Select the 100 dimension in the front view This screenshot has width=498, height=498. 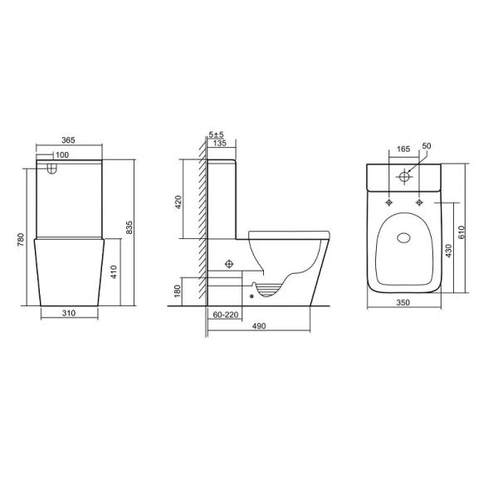[63, 154]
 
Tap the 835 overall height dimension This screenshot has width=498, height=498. [129, 228]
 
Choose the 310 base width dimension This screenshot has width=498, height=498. [71, 314]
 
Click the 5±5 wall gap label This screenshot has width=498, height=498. [216, 134]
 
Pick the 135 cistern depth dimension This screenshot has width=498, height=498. [221, 144]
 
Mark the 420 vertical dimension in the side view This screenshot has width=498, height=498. [177, 202]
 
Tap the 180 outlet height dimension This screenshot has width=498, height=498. [177, 290]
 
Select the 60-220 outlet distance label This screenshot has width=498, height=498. [225, 315]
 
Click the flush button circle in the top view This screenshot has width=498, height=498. [405, 176]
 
